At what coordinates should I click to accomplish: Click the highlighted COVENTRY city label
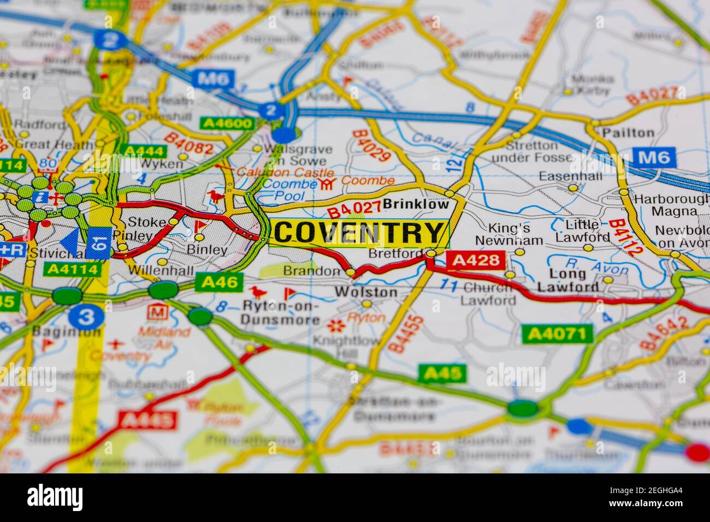pos(359,233)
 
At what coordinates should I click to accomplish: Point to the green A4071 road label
pos(557,333)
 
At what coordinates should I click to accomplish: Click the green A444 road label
pos(144,151)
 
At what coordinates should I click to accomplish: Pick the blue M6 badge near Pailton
pos(654,158)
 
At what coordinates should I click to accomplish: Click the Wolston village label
pos(366,292)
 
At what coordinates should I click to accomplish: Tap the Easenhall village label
pos(570,176)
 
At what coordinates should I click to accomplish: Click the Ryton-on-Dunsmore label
pos(281,313)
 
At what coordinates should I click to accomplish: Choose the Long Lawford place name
pos(568,280)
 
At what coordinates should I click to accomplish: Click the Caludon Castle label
pos(277,172)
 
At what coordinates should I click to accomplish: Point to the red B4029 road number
pos(371,146)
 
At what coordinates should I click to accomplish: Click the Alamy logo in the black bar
pos(55,497)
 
